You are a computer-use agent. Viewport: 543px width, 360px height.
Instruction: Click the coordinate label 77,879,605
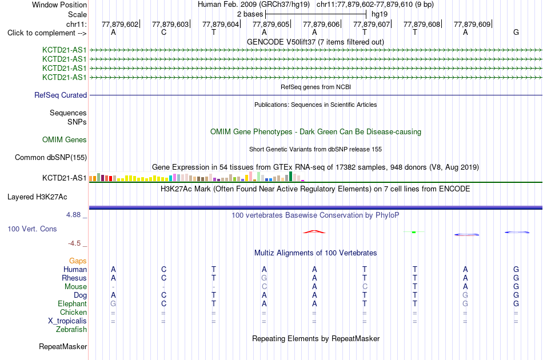[x=271, y=24]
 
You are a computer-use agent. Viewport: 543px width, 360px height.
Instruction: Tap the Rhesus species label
[x=74, y=278]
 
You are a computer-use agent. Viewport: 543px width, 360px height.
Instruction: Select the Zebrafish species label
[x=71, y=330]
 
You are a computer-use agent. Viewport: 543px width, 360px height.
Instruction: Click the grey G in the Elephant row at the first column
[x=113, y=303]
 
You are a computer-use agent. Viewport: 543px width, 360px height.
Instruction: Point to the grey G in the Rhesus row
[x=264, y=278]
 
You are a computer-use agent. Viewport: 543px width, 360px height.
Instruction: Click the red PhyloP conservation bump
[x=314, y=231]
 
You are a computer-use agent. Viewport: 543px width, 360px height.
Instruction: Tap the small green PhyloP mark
[x=414, y=232]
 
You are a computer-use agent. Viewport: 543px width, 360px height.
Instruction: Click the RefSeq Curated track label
[x=61, y=95]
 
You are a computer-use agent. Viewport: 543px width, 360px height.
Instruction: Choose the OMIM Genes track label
[x=65, y=140]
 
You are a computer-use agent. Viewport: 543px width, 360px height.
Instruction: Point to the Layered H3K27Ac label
[x=37, y=197]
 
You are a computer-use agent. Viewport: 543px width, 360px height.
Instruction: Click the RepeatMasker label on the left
[x=63, y=346]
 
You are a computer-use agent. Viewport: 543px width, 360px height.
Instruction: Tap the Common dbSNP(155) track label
[x=51, y=158]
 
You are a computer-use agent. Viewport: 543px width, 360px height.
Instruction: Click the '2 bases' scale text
[x=250, y=14]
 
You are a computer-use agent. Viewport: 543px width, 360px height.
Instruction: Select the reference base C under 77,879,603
[x=164, y=32]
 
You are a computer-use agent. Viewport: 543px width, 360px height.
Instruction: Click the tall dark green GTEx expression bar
[x=290, y=176]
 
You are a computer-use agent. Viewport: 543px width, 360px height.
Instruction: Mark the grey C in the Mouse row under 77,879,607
[x=365, y=287]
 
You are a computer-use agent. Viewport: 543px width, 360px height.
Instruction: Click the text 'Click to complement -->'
[x=47, y=33]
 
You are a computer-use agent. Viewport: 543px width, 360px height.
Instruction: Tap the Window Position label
[x=59, y=5]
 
